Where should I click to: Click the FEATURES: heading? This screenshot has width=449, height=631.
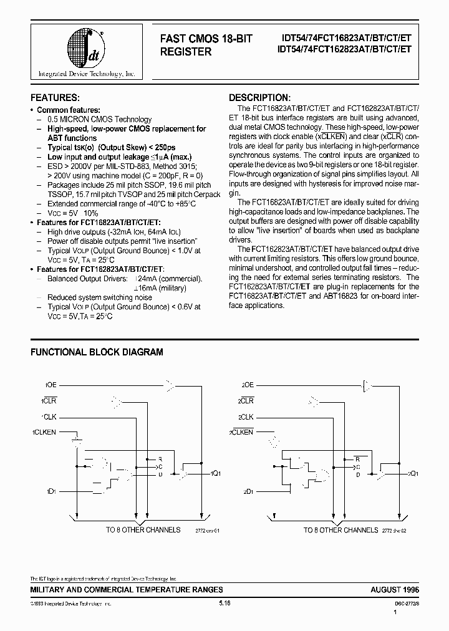(x=55, y=98)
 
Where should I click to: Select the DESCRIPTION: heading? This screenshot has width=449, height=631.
(x=259, y=98)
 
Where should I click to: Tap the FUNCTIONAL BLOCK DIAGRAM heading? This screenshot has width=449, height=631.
(x=97, y=352)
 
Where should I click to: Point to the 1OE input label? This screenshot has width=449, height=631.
(x=51, y=385)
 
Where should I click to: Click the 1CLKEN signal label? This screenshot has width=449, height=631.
(x=44, y=431)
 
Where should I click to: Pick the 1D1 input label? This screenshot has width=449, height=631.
(x=51, y=492)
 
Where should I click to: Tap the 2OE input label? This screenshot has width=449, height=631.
(x=248, y=385)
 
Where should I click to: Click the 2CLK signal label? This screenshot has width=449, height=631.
(x=246, y=416)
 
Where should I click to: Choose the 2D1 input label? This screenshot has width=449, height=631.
(x=248, y=492)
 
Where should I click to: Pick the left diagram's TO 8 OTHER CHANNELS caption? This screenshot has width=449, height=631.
(x=143, y=529)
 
